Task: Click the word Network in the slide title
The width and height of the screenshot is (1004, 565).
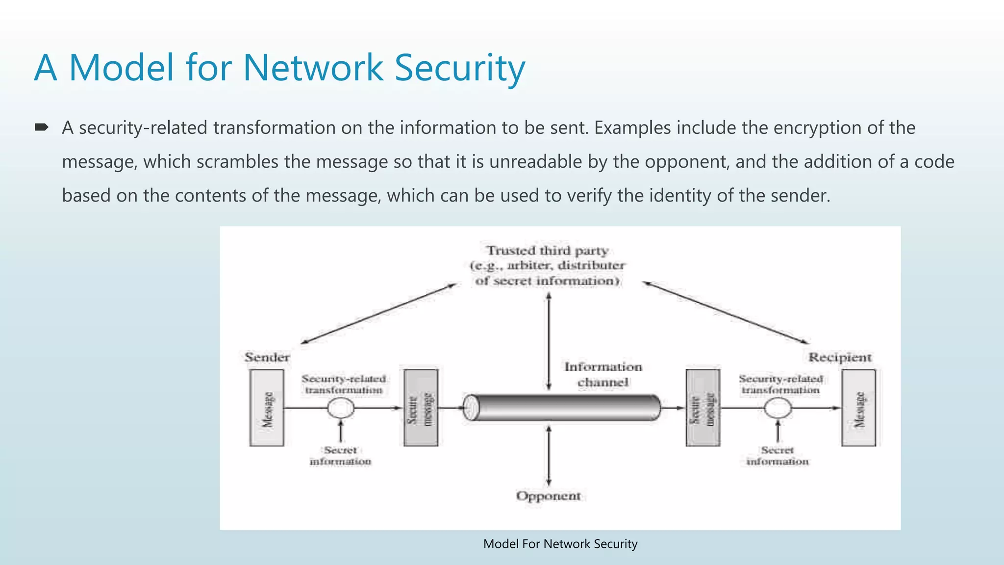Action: (x=313, y=68)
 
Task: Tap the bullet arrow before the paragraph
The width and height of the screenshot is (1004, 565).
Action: (x=42, y=128)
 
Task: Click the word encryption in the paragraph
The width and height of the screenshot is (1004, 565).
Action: (x=815, y=128)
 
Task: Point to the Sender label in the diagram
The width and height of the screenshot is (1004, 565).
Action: (x=267, y=357)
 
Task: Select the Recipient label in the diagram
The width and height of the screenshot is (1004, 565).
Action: (x=840, y=357)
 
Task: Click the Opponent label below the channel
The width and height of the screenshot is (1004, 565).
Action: (x=548, y=496)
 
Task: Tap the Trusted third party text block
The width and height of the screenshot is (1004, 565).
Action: (x=548, y=265)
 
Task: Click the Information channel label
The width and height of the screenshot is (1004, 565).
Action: (x=603, y=374)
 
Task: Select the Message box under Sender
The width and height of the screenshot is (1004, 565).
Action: (x=267, y=408)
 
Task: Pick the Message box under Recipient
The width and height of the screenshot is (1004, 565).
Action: (x=858, y=408)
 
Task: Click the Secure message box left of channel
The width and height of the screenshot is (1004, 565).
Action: (x=421, y=408)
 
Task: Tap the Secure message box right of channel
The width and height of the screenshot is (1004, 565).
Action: (x=703, y=408)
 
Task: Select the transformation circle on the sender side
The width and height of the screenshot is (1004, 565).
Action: (x=341, y=408)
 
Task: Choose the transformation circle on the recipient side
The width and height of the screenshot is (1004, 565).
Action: (x=778, y=408)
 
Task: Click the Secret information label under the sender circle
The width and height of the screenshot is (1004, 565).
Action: (x=340, y=456)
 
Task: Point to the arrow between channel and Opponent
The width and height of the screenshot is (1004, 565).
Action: (x=549, y=456)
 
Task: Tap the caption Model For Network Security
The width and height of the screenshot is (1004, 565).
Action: (x=560, y=544)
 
